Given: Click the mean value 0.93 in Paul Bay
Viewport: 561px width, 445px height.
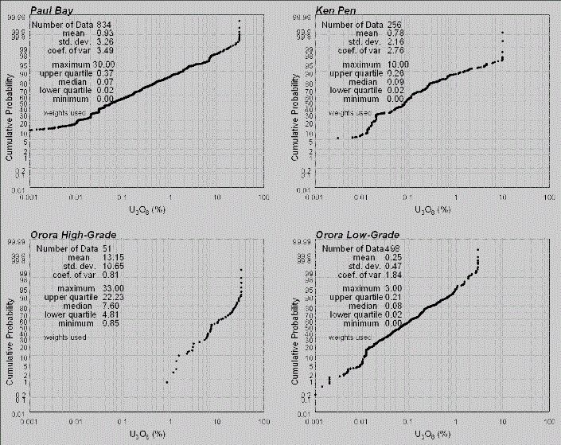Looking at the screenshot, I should (104, 33).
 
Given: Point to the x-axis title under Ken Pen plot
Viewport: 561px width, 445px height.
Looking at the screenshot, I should (434, 209).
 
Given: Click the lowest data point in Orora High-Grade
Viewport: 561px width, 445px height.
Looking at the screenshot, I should (166, 382).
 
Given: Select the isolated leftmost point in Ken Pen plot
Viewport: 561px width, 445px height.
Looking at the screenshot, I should (338, 139).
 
